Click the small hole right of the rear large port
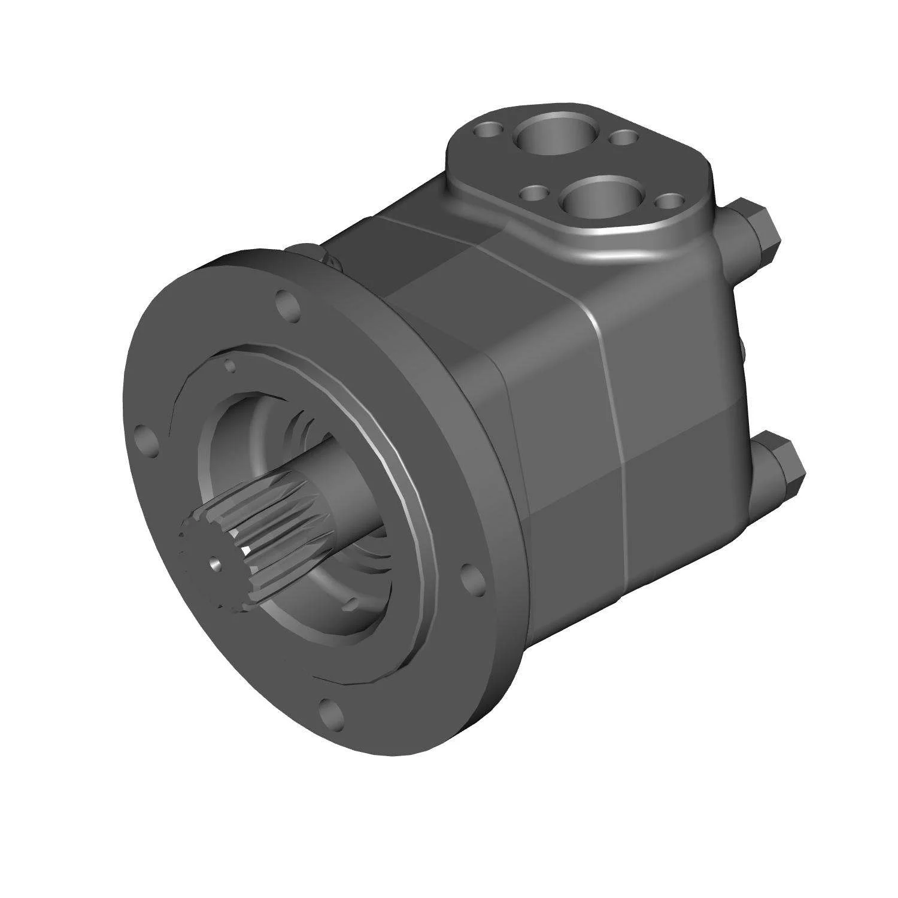click(624, 138)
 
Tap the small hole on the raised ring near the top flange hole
click(229, 364)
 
